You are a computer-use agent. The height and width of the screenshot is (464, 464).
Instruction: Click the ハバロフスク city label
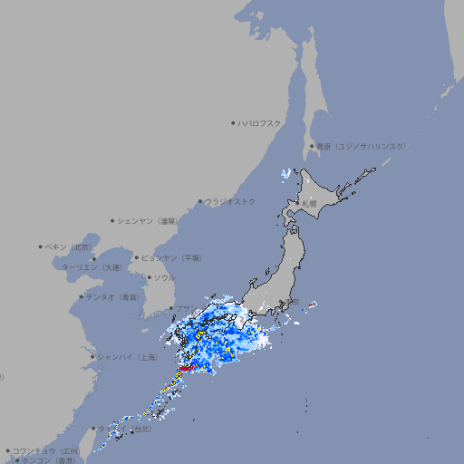coord(260,122)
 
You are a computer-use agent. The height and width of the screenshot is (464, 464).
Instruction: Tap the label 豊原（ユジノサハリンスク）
coord(361,146)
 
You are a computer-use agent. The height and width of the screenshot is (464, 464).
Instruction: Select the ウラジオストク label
coord(230,201)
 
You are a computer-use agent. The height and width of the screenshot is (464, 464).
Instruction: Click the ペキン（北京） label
coord(69,246)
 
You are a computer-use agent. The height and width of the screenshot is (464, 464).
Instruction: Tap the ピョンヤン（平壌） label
coord(172,257)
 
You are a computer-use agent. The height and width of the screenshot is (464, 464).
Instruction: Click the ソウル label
coord(164,277)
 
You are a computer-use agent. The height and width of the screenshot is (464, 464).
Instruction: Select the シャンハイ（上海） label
coord(127,356)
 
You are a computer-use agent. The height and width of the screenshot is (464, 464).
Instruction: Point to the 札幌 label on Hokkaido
coord(310,204)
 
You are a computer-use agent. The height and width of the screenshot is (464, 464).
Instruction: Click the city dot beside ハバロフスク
coord(233,122)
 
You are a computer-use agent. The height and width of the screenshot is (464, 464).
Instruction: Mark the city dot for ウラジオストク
coord(200,201)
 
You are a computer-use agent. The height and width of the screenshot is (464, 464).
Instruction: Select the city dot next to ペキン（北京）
coord(41,246)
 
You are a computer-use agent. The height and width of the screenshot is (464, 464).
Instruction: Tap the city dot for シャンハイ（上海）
coord(92,356)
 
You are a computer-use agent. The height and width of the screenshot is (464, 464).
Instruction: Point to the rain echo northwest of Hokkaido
coord(286,172)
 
